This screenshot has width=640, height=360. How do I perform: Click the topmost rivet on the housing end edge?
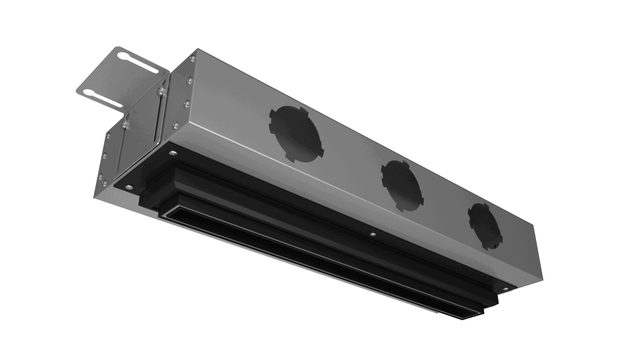coord(192,59)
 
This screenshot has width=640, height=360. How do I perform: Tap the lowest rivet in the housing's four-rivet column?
coord(174,125)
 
